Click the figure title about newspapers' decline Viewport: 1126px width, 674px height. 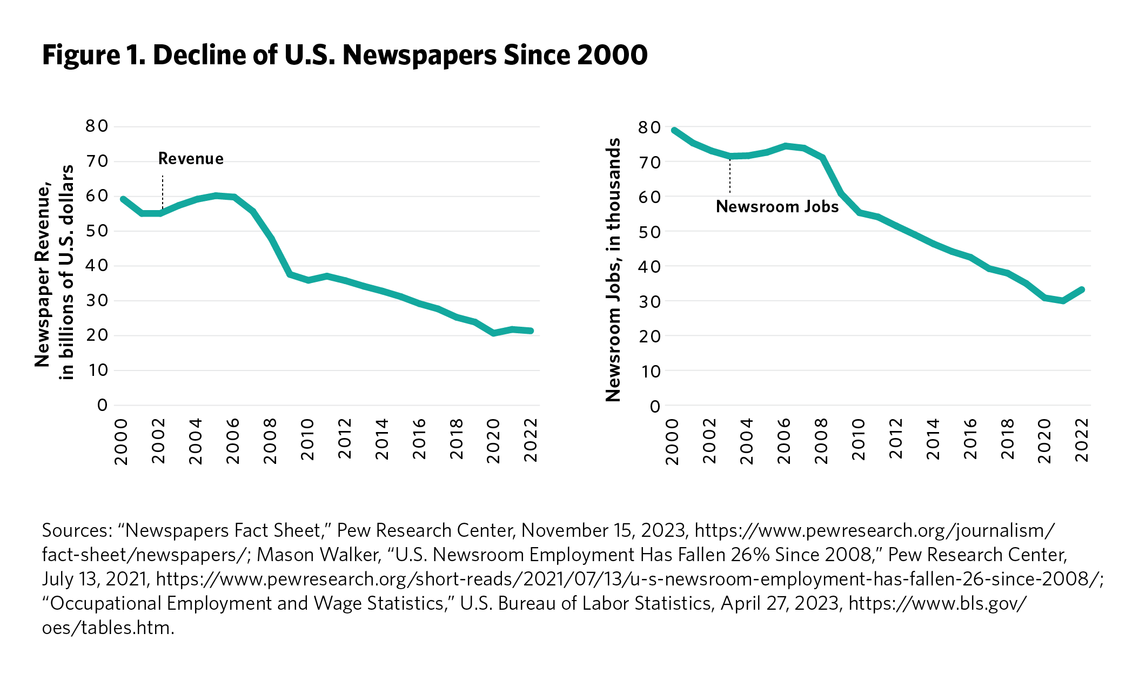click(x=345, y=56)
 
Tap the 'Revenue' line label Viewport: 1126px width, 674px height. click(x=191, y=159)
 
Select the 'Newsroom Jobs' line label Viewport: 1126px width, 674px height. click(x=777, y=207)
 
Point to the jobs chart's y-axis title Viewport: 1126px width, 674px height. click(x=613, y=270)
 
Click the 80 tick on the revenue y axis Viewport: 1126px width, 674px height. click(x=97, y=126)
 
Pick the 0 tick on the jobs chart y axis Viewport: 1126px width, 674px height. click(x=655, y=406)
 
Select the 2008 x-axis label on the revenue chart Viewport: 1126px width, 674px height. click(x=270, y=441)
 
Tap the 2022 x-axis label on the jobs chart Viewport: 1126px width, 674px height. click(x=1082, y=441)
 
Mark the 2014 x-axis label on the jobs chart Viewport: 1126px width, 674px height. click(x=933, y=441)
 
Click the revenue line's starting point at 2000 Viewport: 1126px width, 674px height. click(x=123, y=199)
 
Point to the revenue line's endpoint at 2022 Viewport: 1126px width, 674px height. click(x=532, y=331)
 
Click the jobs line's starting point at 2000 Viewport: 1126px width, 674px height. click(x=674, y=130)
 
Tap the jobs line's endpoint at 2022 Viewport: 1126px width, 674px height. click(x=1082, y=289)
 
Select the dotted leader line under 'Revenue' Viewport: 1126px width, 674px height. click(x=163, y=192)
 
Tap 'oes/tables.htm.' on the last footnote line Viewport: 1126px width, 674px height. click(x=108, y=628)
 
